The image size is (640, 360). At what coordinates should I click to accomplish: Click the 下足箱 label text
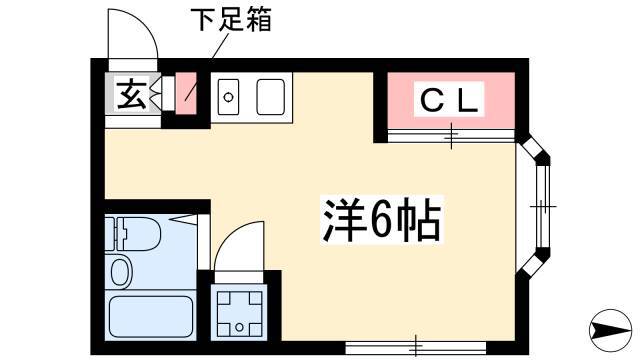point(231,20)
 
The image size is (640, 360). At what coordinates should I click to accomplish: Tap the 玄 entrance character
point(131,95)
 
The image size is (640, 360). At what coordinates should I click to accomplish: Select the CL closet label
point(449,100)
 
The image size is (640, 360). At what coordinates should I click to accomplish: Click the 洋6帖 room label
point(382,220)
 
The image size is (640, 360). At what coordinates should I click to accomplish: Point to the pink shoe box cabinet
point(186,93)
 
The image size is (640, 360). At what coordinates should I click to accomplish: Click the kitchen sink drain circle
point(228,98)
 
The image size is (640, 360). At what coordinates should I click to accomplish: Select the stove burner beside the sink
point(270,97)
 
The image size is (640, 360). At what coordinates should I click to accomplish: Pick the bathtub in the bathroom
point(150,317)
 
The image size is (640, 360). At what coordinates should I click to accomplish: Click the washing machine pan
point(239,312)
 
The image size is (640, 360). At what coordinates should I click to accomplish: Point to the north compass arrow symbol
point(611,330)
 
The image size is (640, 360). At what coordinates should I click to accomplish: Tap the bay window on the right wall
point(535,206)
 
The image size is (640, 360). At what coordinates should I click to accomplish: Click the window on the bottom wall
point(416,348)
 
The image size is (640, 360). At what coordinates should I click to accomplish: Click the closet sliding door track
point(451,136)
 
